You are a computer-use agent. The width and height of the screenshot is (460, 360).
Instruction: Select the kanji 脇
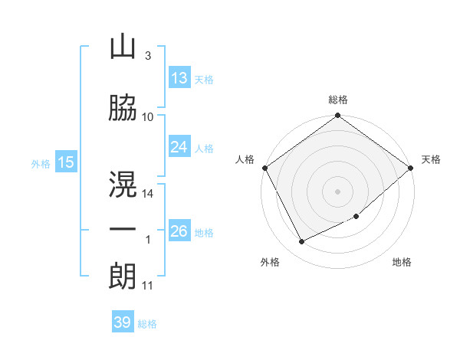[x=123, y=107]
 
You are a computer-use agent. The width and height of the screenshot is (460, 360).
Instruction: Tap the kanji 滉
[x=123, y=184]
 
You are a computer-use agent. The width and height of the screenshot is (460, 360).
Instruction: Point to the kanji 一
[x=123, y=229]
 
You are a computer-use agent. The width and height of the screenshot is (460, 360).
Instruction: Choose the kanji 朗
[x=123, y=277]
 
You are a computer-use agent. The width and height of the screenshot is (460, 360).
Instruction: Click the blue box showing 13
[x=179, y=77]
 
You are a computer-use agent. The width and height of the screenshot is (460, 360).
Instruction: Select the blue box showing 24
[x=179, y=146]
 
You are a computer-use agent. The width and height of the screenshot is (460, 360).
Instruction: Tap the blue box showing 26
[x=179, y=230]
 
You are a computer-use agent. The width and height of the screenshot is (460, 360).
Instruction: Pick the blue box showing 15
[x=66, y=162]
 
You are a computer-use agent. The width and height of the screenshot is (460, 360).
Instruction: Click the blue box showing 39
[x=123, y=321]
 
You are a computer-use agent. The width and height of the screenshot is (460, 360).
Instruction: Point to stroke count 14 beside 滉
[x=147, y=194]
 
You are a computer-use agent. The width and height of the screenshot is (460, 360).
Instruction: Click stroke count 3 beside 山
[x=148, y=56]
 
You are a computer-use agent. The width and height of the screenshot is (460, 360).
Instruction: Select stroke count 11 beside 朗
[x=147, y=286]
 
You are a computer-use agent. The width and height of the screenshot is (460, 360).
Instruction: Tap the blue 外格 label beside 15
[x=41, y=164]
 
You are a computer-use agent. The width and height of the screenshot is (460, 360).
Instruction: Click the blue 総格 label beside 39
[x=147, y=324]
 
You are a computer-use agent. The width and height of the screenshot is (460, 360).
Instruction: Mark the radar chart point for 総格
[x=337, y=115]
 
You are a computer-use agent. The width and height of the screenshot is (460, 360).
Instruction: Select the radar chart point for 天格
[x=410, y=168]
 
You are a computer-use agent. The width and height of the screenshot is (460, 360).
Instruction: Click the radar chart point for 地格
[x=356, y=216]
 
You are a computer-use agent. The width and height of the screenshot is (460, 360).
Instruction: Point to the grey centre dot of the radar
[x=337, y=191]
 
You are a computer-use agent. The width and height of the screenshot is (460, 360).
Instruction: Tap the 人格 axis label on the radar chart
[x=245, y=159]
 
